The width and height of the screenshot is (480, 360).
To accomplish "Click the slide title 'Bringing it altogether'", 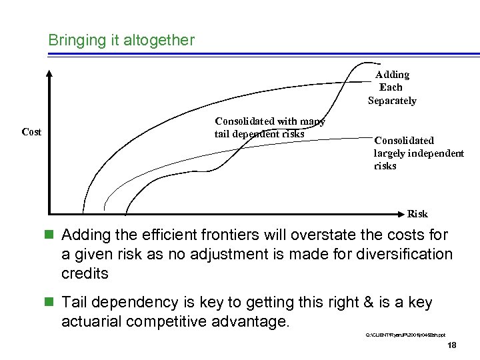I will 121,40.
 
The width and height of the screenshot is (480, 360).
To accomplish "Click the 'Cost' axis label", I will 31,132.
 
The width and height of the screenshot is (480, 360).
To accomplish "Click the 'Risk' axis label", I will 417,214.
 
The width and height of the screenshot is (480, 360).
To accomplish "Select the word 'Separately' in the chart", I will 392,101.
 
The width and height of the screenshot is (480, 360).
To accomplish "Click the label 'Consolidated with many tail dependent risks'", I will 269,127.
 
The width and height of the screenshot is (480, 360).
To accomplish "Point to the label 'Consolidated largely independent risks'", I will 418,153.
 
